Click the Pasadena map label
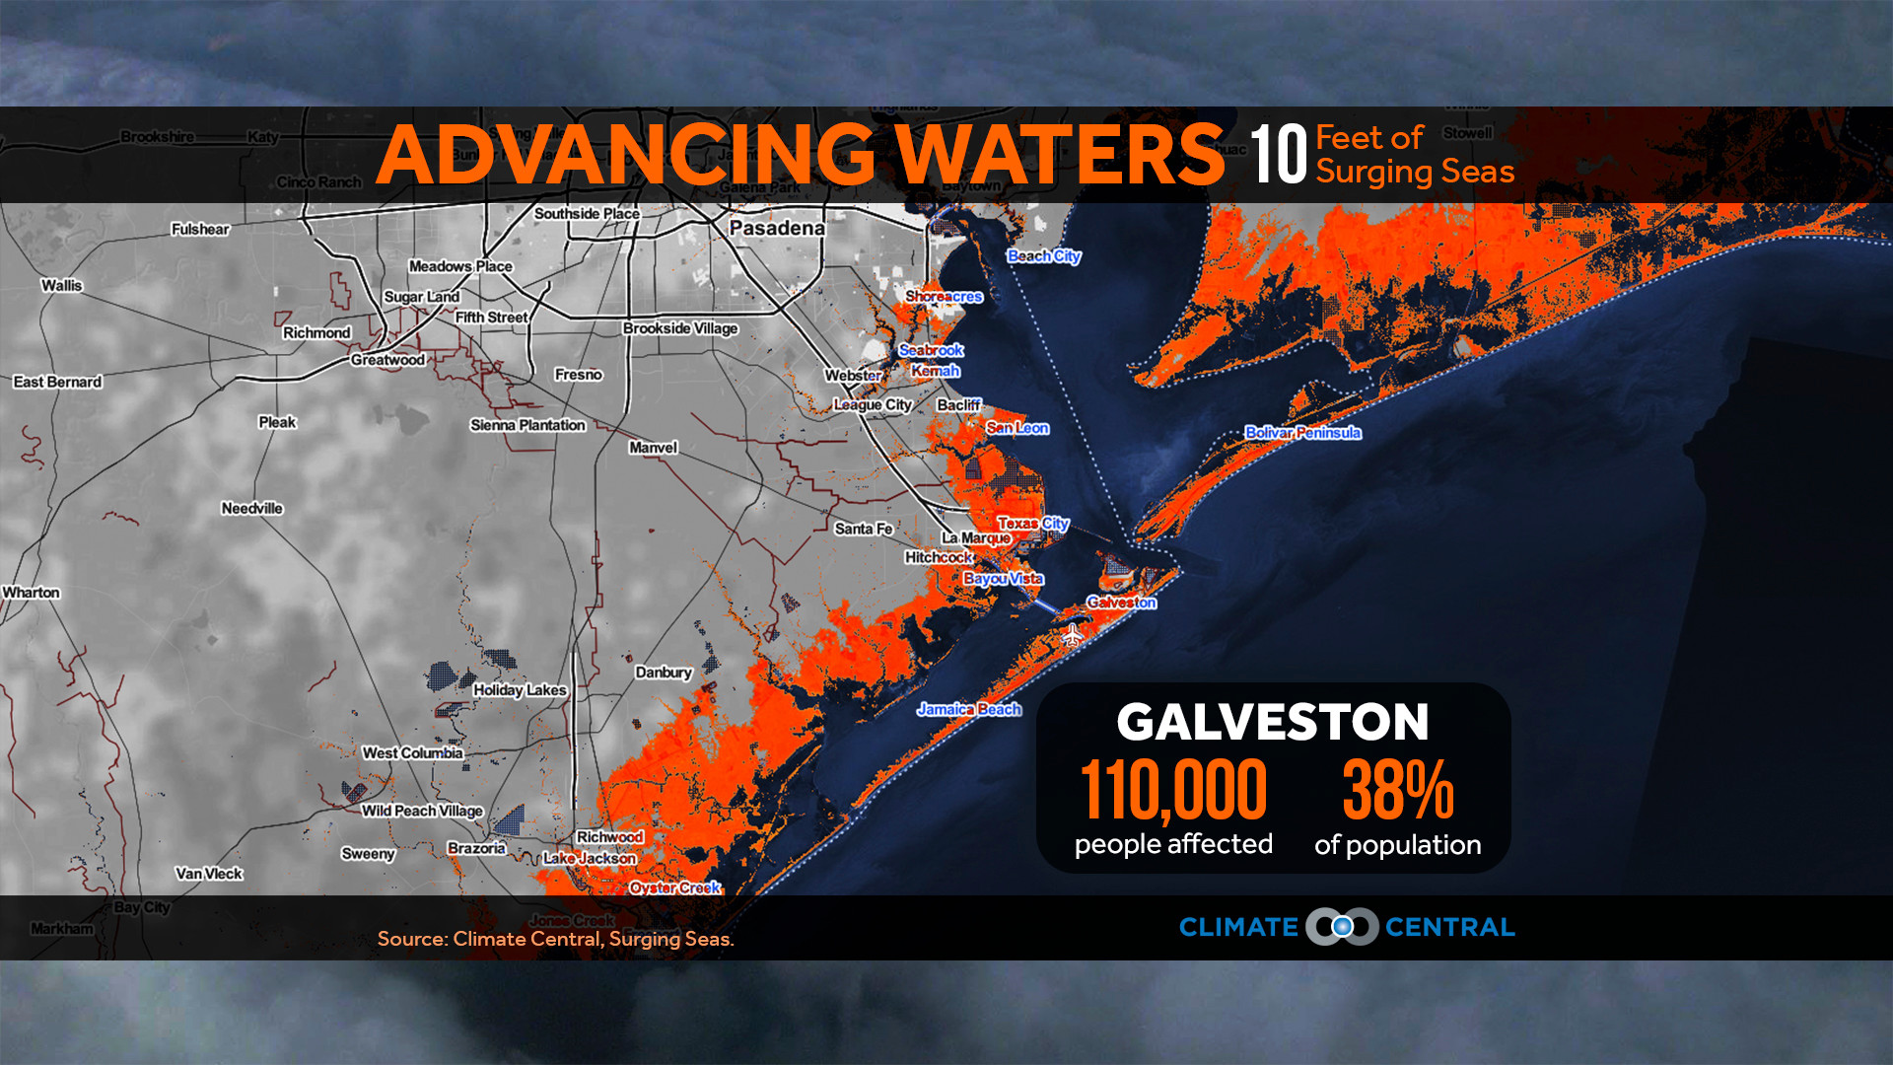pos(777,228)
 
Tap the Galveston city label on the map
pos(1121,602)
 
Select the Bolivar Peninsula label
pos(1302,432)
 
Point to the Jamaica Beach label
pos(968,709)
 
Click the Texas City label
pos(1032,523)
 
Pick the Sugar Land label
pos(421,297)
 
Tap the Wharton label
pos(31,593)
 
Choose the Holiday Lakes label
pos(520,690)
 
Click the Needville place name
pos(251,509)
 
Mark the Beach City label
pos(1043,256)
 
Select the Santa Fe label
pos(863,529)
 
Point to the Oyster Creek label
pos(675,887)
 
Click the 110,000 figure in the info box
pos(1173,789)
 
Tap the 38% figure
pos(1397,789)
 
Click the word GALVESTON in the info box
pos(1272,722)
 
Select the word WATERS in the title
pos(1060,155)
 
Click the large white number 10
pos(1278,155)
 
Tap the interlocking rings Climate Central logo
pos(1342,927)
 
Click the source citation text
pos(555,939)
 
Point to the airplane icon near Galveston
pos(1073,635)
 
